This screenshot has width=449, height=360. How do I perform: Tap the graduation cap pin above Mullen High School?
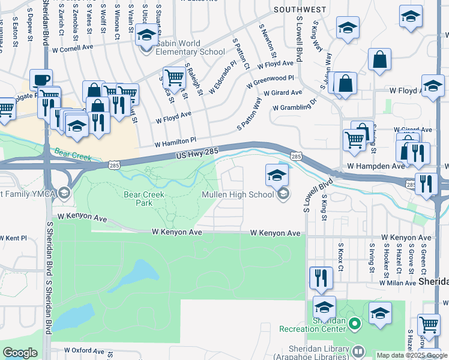coord(276,176)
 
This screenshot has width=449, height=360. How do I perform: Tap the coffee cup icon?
coord(41,80)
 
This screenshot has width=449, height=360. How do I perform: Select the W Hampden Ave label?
coord(376,165)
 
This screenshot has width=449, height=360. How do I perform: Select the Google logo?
coord(20,352)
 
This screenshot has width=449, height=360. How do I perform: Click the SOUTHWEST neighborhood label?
coord(300,10)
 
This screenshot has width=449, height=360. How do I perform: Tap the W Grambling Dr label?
coord(294,106)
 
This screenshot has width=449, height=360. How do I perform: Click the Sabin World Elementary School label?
coord(191,47)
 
